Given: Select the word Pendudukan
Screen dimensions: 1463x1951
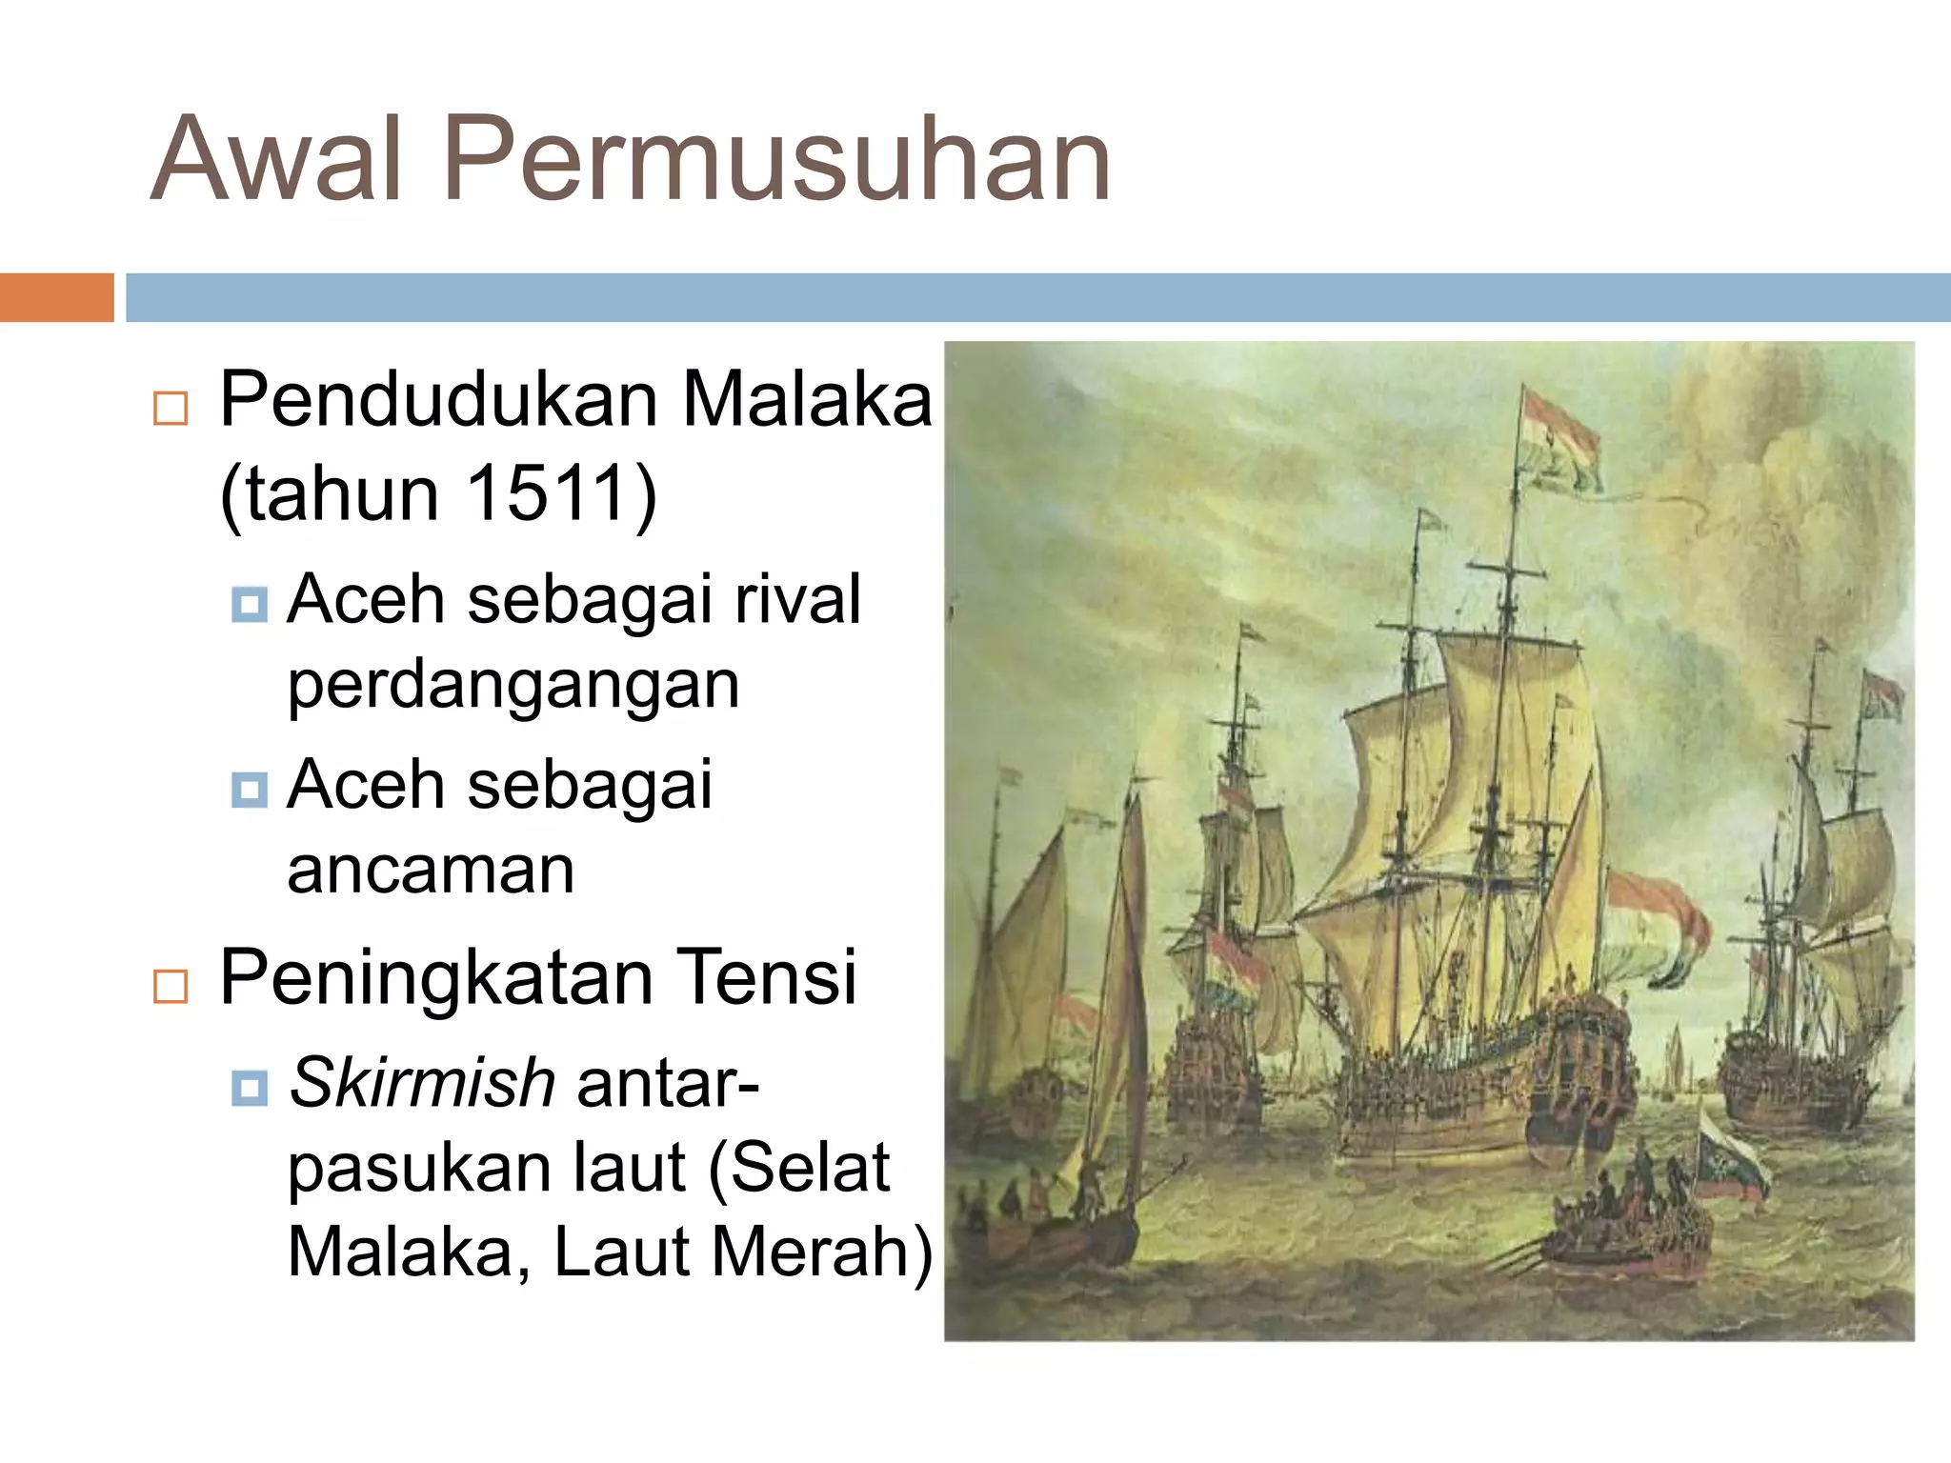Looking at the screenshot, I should [438, 400].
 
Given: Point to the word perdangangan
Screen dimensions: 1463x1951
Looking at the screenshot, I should [513, 686].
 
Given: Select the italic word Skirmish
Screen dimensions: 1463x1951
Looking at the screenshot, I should [422, 1084].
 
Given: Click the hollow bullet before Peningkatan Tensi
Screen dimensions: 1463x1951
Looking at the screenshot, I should [171, 987].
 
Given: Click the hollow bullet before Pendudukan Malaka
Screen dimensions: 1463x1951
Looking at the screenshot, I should [171, 409].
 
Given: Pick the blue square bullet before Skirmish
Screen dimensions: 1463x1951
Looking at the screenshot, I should [250, 1087].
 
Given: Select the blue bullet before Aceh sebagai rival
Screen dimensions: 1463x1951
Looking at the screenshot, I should [250, 604].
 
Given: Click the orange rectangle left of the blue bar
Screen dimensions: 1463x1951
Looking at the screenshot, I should [56, 297].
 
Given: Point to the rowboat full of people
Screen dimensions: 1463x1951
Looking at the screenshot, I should [1619, 1229].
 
